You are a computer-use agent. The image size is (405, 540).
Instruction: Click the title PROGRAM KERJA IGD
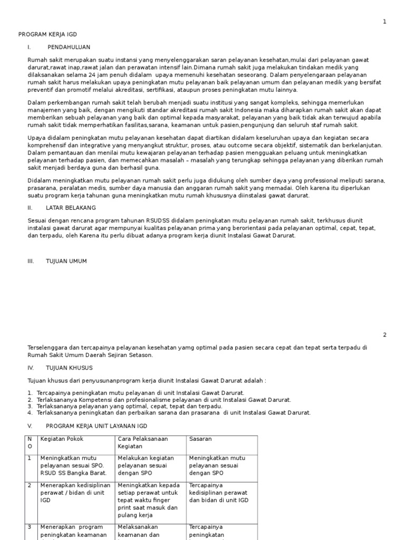click(47, 34)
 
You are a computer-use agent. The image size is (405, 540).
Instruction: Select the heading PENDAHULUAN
click(69, 47)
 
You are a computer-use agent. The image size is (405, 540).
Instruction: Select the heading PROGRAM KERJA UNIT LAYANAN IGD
click(97, 426)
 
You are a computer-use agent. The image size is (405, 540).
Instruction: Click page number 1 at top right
click(384, 22)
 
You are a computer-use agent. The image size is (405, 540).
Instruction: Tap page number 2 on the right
click(384, 335)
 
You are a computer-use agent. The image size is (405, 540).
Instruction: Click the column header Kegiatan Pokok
click(62, 439)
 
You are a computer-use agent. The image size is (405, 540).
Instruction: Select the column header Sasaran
click(201, 439)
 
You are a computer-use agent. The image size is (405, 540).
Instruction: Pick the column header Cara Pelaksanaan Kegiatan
click(141, 442)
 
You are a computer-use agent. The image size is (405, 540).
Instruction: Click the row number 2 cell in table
click(30, 485)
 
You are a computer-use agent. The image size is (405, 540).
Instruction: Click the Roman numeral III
click(31, 261)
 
